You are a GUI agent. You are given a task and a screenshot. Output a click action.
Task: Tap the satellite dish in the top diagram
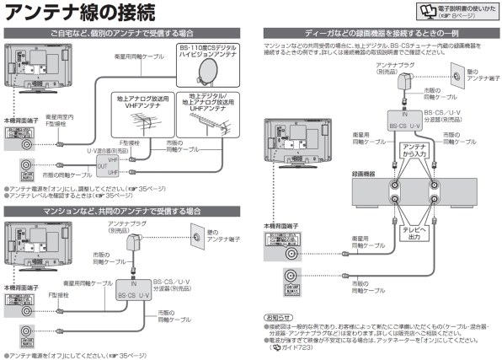(200, 73)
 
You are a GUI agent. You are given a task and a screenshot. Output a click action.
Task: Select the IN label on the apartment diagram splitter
(133, 284)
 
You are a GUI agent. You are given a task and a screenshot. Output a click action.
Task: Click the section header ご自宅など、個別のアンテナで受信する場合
(127, 33)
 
